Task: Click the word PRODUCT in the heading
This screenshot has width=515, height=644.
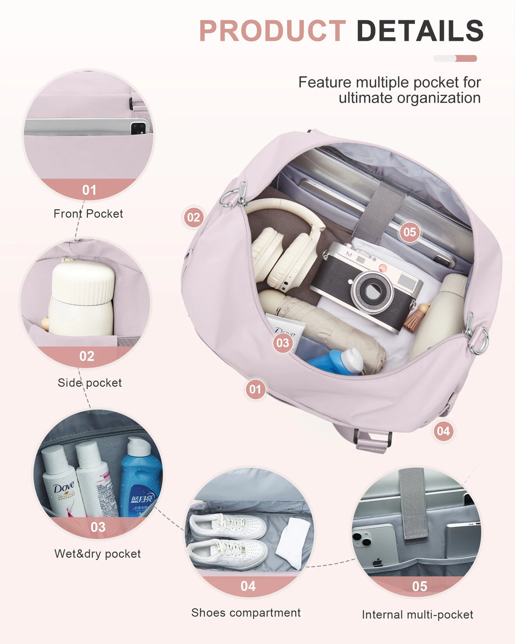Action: click(272, 31)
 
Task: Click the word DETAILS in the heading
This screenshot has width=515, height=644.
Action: click(419, 31)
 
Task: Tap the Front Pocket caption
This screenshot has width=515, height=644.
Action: click(88, 214)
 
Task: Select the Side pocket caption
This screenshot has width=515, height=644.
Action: click(90, 383)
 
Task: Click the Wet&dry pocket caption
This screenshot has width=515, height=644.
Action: click(98, 554)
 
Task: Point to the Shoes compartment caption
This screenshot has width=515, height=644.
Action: click(246, 613)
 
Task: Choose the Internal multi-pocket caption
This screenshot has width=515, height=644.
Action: click(417, 615)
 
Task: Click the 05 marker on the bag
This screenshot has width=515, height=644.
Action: click(409, 232)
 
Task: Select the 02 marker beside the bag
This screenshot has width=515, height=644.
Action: click(193, 217)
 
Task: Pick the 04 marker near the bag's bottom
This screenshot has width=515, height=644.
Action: click(443, 431)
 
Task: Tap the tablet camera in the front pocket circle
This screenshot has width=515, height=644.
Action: click(137, 128)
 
